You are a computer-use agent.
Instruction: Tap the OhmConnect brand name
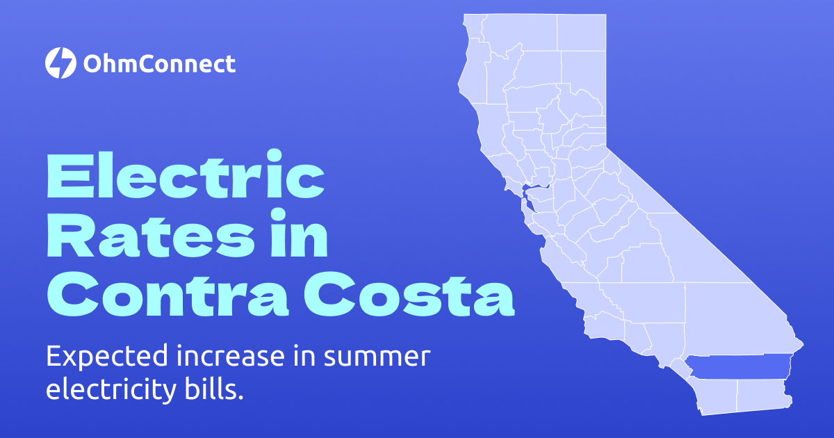pyautogui.click(x=159, y=64)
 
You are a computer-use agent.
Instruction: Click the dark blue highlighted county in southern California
pyautogui.click(x=737, y=367)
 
